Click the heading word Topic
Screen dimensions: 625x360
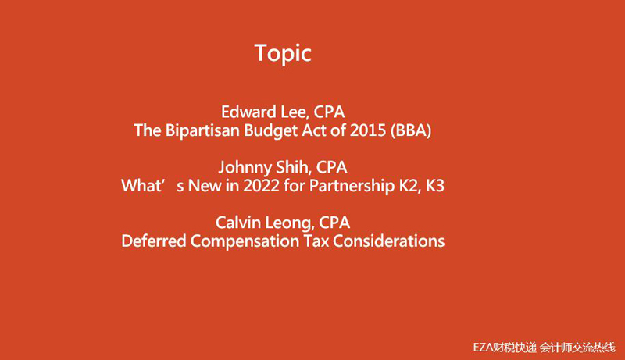[x=283, y=53]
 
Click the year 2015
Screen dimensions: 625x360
[x=368, y=130]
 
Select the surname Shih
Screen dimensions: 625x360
[x=291, y=167]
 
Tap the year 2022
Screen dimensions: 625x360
[x=261, y=186]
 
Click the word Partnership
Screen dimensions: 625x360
[x=352, y=187]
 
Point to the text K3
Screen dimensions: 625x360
[x=435, y=186]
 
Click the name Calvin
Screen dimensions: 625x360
[x=238, y=223]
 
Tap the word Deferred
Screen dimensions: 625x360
[x=153, y=241]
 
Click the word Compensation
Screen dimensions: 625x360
[x=245, y=241]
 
